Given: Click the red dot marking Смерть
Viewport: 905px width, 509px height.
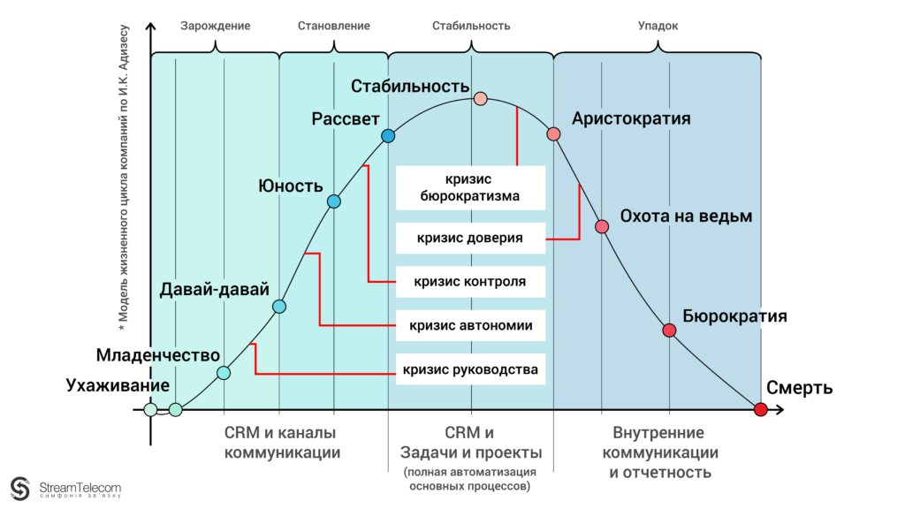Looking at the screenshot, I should pos(761,409).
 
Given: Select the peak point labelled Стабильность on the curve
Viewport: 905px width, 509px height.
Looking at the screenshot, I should pos(481,98).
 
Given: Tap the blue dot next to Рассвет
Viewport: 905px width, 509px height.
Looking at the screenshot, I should pos(388,136).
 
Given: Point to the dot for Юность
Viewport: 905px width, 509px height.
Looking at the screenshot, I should pos(334,201).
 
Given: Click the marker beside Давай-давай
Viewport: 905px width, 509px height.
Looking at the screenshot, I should pos(279,307).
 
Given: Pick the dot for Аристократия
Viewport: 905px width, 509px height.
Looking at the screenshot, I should pos(554,134).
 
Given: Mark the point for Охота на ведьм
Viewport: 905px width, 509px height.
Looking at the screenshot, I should pos(603,226).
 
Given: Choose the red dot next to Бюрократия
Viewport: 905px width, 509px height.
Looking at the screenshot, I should pos(669,330).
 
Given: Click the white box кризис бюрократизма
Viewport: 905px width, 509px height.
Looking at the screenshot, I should pos(470,187).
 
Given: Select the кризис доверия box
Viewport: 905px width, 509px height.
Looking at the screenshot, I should pos(470,238).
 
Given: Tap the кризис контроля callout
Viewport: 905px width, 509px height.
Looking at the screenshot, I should pos(470,282).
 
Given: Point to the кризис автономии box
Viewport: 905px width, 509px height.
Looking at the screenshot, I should pos(470,325).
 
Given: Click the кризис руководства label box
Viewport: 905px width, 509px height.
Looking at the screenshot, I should pos(470,369).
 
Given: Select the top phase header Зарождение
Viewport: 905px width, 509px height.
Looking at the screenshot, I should pos(216,26).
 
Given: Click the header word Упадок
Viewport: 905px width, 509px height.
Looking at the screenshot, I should pos(658,26).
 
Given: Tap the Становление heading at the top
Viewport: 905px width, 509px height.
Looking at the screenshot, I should pos(334,26).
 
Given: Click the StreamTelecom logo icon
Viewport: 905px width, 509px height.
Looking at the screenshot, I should pos(20,488).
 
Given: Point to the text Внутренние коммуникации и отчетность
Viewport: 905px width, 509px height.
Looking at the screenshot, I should pos(659,452).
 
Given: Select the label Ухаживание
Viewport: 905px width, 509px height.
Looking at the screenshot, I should pos(118,386).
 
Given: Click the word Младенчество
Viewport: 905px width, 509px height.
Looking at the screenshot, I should pos(157,355).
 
